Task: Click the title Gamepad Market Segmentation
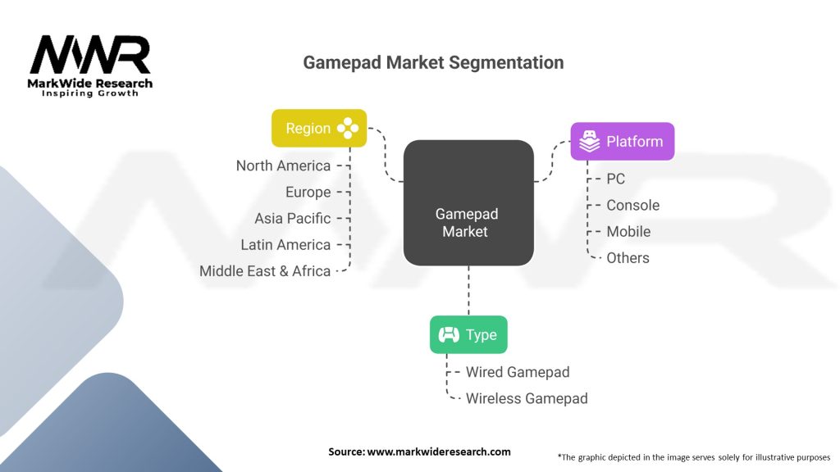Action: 433,62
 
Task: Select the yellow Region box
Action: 319,128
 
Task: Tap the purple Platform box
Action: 623,142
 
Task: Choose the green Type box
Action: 468,334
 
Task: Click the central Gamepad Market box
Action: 468,202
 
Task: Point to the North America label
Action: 283,166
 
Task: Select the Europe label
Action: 308,192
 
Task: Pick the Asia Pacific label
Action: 292,218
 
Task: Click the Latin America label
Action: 285,244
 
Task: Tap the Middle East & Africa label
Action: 265,270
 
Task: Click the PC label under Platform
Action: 615,179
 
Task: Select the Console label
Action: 632,205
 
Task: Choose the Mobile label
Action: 628,231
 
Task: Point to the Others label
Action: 628,257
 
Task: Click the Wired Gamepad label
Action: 517,372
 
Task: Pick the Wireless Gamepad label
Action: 527,398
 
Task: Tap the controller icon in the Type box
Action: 449,334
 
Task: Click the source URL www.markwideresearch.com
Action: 438,452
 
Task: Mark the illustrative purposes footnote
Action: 693,456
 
